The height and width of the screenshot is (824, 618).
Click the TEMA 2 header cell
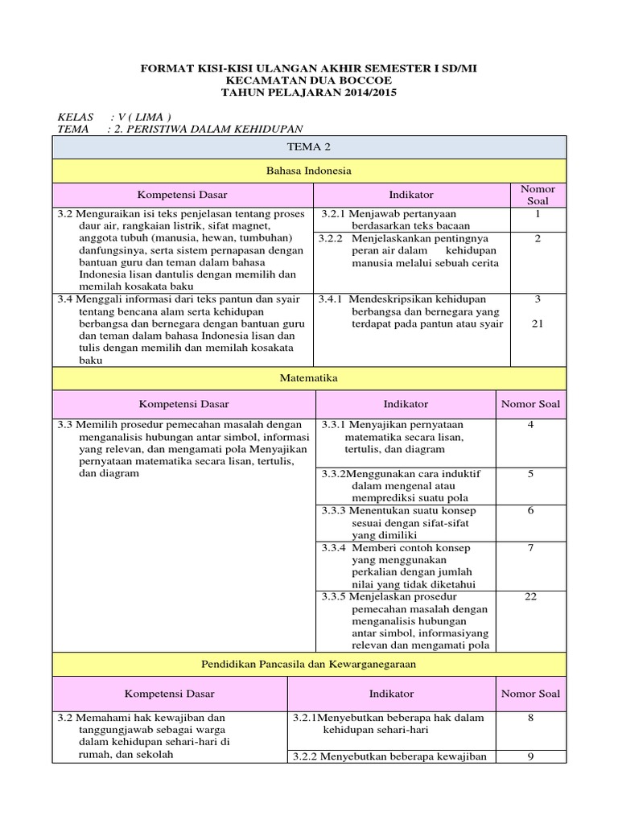309,146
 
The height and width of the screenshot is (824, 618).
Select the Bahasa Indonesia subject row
309,171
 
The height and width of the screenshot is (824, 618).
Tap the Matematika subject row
309,377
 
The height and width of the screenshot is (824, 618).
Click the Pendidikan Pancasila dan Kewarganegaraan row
309,664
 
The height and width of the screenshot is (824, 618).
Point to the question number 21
538,323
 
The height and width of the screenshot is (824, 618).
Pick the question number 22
530,596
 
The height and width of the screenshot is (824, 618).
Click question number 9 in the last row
530,756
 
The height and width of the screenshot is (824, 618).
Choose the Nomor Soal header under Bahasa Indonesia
538,195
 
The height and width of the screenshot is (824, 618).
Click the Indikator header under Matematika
406,404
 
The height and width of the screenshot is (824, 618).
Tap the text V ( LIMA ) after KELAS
145,116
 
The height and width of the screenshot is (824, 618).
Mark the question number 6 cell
530,511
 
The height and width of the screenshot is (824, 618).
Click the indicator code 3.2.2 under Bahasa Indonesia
330,238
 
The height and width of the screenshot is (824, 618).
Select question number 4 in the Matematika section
530,424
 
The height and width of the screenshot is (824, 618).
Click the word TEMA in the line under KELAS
73,129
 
